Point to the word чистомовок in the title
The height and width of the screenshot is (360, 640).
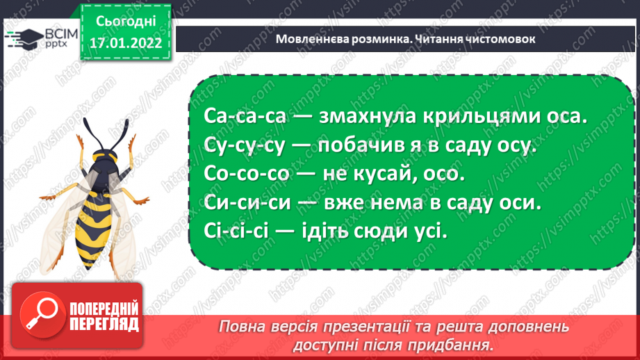[x=500, y=39]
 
